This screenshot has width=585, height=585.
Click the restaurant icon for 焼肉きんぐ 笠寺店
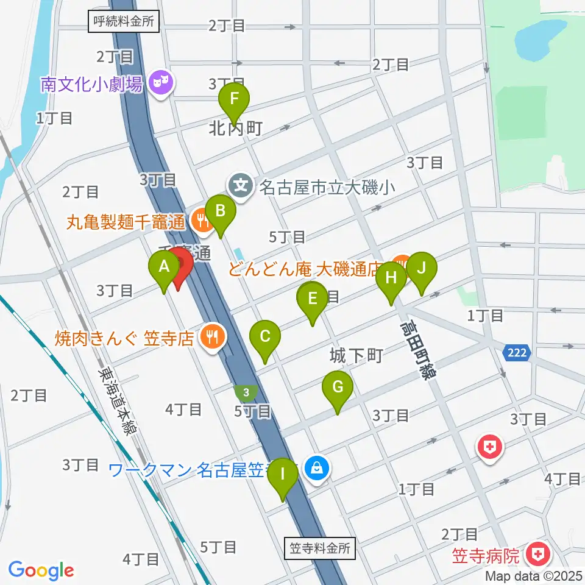point(211,336)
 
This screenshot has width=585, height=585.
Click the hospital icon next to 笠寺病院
point(538,555)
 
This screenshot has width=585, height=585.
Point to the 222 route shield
point(517,353)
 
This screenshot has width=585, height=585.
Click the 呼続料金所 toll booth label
point(124,23)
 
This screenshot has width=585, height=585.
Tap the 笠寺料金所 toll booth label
point(319,547)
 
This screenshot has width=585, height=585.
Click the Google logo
point(41,570)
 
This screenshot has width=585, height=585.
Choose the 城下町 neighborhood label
point(356,355)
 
